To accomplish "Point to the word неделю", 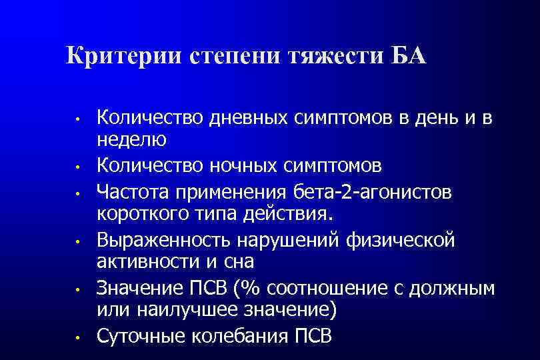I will [131, 140].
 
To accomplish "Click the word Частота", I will [134, 192].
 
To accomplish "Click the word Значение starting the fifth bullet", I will [137, 289].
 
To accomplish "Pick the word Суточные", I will [139, 335].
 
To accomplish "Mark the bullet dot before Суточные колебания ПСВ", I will [78, 337].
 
